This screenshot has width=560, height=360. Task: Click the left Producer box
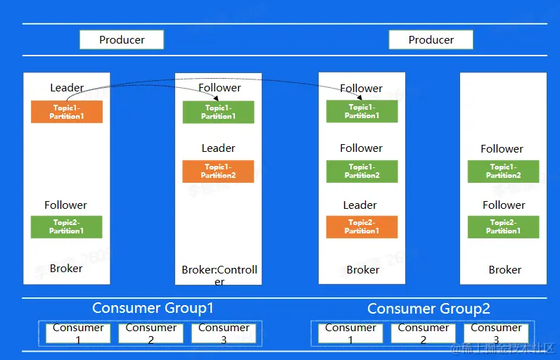coord(122,40)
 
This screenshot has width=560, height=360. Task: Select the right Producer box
coord(431,40)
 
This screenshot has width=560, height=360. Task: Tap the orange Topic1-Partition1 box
coord(67,112)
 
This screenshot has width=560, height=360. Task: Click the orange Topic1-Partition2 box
coord(218,171)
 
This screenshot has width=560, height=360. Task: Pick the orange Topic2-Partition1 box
coord(362,226)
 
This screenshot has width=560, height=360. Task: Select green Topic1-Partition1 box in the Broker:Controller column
coord(218,112)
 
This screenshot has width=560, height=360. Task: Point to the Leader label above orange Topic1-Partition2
coord(218,148)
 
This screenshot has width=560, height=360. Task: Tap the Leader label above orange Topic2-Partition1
coord(360,205)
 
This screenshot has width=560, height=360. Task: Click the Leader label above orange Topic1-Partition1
coord(67,88)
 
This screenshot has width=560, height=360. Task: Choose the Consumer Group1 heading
coord(153,308)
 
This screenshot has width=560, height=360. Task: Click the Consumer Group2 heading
coord(428,309)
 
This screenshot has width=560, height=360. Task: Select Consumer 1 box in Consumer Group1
coord(78,333)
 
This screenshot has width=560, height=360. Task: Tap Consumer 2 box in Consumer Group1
coord(151,333)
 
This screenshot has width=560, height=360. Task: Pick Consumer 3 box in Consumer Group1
coord(224,333)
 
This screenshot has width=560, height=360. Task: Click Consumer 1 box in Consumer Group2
coord(350,333)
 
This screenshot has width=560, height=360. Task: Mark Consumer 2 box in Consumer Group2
coord(424,333)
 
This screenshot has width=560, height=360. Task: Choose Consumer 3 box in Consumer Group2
coord(496,333)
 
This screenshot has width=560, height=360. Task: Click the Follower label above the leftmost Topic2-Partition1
coord(66,205)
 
